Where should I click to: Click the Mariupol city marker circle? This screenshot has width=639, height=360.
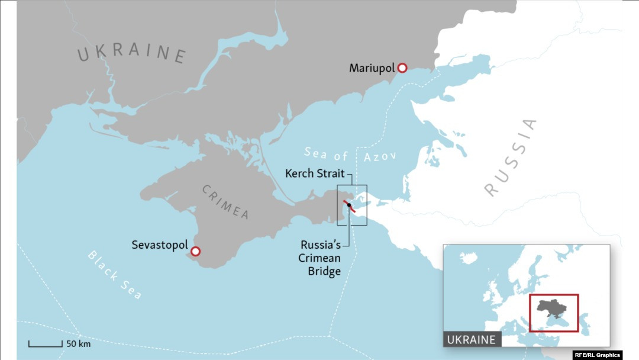(x=402, y=68)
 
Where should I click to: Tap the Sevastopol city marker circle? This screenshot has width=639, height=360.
(x=196, y=251)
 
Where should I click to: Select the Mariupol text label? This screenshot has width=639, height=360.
(x=372, y=68)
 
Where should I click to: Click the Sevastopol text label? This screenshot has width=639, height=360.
(x=160, y=245)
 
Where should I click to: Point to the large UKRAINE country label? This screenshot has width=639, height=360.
(x=132, y=53)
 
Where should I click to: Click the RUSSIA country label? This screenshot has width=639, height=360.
(x=511, y=157)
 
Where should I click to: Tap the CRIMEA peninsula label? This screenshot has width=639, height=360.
(x=225, y=202)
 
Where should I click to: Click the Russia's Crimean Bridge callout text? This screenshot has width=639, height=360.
(x=321, y=258)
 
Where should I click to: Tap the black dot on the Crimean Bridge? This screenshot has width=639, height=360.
(x=349, y=205)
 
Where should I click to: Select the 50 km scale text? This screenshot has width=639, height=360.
(x=78, y=343)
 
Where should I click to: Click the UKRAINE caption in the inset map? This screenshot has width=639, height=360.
(x=472, y=340)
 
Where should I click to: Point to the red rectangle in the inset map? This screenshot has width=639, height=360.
(x=554, y=295)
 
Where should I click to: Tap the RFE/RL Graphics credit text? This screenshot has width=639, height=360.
(x=597, y=355)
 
